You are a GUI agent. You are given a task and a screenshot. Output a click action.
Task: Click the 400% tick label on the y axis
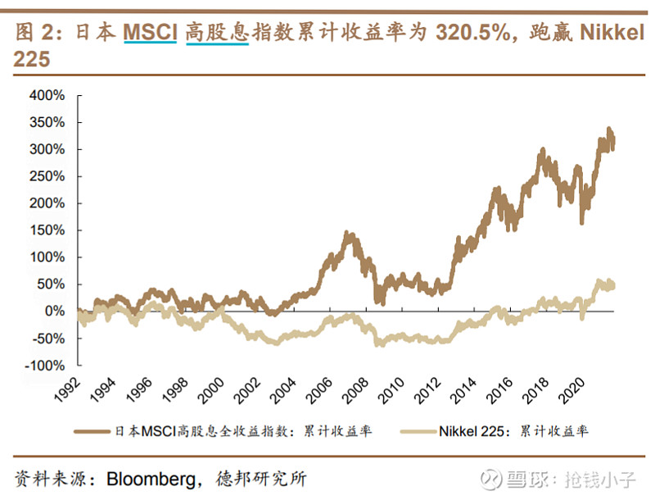point(47,96)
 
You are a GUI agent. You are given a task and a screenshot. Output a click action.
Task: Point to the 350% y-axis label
point(47,123)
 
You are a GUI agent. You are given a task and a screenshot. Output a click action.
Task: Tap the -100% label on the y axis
point(44,366)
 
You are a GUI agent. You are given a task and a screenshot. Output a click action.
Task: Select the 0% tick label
point(54,311)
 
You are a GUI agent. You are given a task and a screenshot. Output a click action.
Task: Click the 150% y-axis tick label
point(47,230)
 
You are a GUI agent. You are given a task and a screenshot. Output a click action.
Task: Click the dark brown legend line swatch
point(91,430)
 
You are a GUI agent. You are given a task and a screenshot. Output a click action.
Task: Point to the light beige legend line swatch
point(418,430)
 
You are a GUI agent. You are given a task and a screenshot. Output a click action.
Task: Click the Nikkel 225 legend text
point(477,430)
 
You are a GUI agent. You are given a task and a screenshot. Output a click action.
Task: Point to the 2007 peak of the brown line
point(350,234)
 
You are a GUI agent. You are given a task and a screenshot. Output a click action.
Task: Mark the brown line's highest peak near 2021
point(608,130)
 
